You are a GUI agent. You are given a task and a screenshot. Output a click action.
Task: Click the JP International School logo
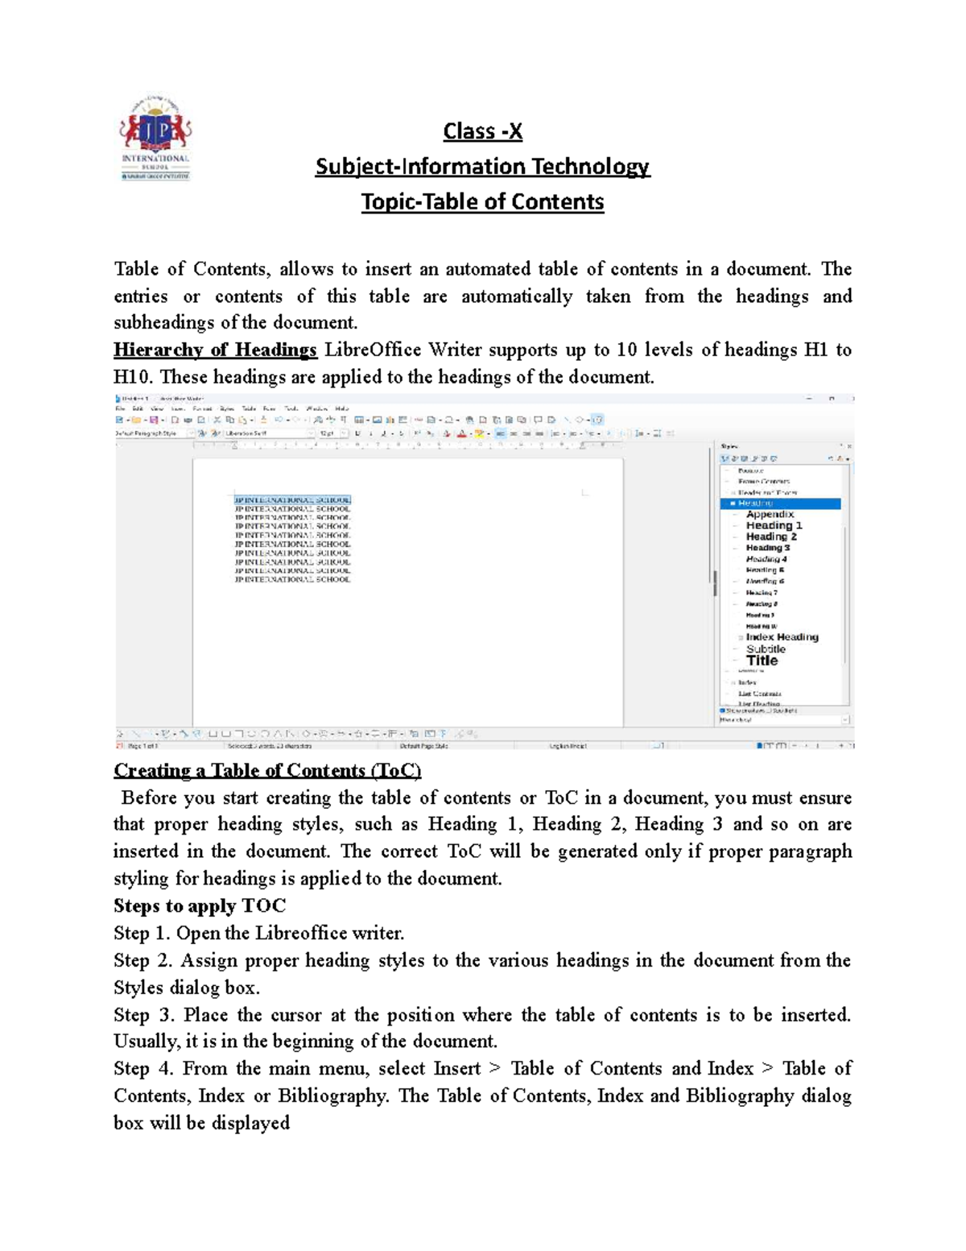point(155,139)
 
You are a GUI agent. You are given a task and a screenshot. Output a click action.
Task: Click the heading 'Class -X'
point(482,131)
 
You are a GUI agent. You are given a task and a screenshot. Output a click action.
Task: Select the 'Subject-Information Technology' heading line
point(482,167)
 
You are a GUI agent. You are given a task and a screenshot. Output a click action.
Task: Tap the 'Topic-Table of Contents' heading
point(482,201)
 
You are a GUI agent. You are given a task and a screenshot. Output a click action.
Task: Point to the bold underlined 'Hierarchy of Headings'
point(215,350)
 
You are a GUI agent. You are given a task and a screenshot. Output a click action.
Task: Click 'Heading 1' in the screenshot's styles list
point(774,525)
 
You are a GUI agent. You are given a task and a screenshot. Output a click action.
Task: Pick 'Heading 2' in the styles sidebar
point(771,536)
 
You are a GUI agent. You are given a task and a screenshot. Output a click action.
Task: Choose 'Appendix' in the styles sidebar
point(770,514)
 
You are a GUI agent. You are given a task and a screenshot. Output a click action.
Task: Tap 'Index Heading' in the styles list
point(782,637)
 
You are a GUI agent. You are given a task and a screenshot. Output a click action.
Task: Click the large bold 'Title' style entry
point(762,661)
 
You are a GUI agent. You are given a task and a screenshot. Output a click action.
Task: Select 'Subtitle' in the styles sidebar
point(766,648)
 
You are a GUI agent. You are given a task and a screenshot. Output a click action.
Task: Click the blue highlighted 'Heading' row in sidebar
point(779,503)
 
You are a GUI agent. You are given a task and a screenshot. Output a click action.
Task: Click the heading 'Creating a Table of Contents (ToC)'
point(267,771)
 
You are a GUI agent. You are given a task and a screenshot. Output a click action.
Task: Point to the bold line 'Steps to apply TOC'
point(200,905)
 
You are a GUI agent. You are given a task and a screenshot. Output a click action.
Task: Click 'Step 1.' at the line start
point(142,933)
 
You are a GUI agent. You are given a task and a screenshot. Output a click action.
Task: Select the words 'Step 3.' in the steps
point(142,1015)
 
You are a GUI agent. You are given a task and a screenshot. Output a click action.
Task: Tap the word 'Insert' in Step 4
point(456,1069)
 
